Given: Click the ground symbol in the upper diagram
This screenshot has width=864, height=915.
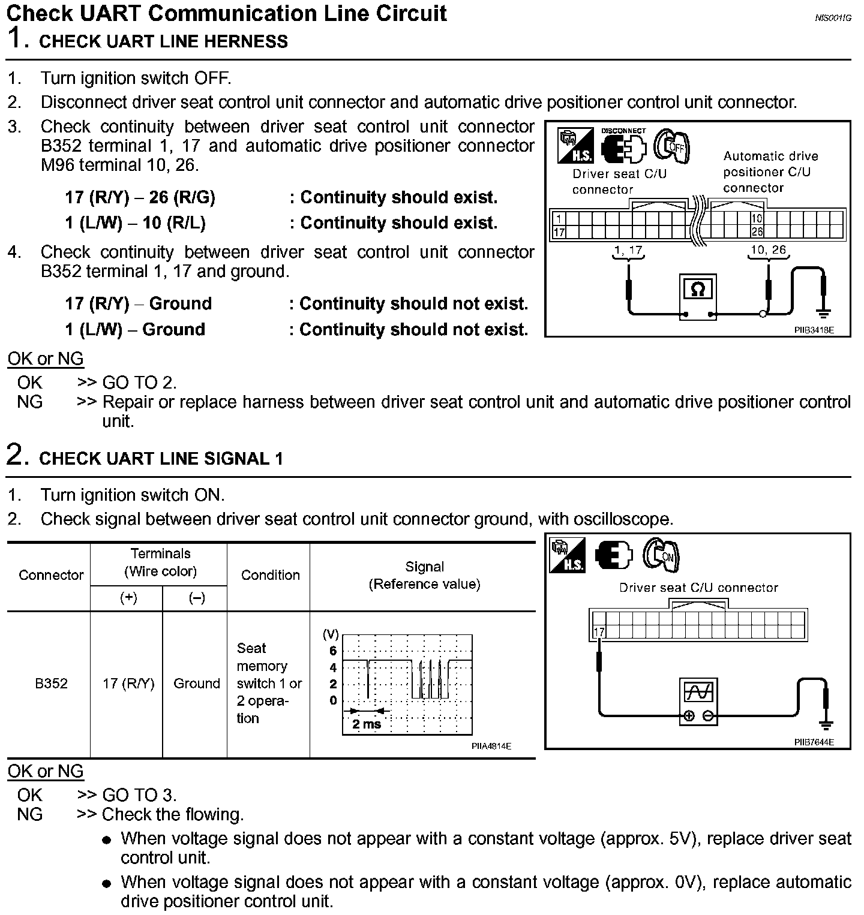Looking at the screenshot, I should (824, 312).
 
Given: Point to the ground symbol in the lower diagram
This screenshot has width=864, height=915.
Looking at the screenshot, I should (826, 725).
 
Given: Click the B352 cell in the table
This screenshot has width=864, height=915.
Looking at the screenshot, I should (51, 684).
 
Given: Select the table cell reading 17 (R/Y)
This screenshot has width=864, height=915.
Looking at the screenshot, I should (128, 684).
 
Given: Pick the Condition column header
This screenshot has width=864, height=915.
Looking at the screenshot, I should (270, 575).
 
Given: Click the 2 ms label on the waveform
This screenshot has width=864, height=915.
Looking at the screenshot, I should (367, 724).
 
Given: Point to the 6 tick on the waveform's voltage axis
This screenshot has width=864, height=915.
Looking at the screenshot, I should (333, 651).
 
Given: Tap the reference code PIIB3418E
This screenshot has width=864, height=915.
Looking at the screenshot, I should (814, 330).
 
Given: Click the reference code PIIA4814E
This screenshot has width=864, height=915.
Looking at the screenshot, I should (491, 747).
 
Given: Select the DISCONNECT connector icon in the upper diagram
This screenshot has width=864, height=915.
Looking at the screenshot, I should (623, 145).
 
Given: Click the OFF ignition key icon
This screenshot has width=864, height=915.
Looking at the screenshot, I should (671, 146).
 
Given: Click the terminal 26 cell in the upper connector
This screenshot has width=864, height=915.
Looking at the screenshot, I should (757, 232).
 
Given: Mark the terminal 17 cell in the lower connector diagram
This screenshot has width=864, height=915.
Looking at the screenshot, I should (599, 632).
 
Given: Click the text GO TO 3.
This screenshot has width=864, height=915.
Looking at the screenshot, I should (140, 795).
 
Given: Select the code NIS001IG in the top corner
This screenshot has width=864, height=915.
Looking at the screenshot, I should (833, 18).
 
